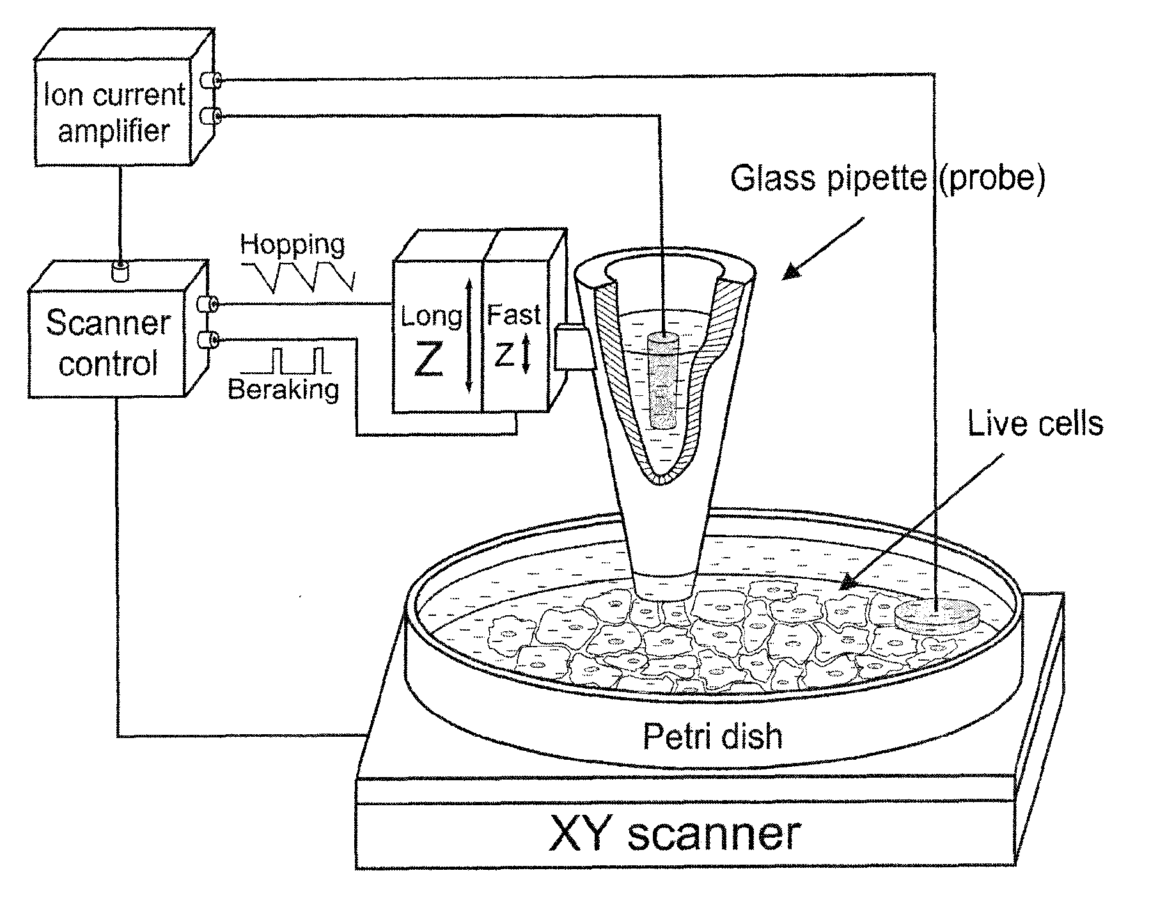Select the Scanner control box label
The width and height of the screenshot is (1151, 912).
[x=108, y=343]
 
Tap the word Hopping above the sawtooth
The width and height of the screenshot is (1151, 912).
[x=292, y=245]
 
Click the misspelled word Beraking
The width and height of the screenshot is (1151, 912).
[x=283, y=389]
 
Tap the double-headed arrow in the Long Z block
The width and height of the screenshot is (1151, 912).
[x=469, y=336]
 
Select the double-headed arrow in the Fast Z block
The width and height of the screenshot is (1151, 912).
[x=526, y=356]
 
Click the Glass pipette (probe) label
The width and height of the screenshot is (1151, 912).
[x=887, y=177]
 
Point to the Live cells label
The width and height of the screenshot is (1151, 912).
[x=1035, y=423]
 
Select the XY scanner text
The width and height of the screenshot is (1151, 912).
[x=675, y=835]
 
